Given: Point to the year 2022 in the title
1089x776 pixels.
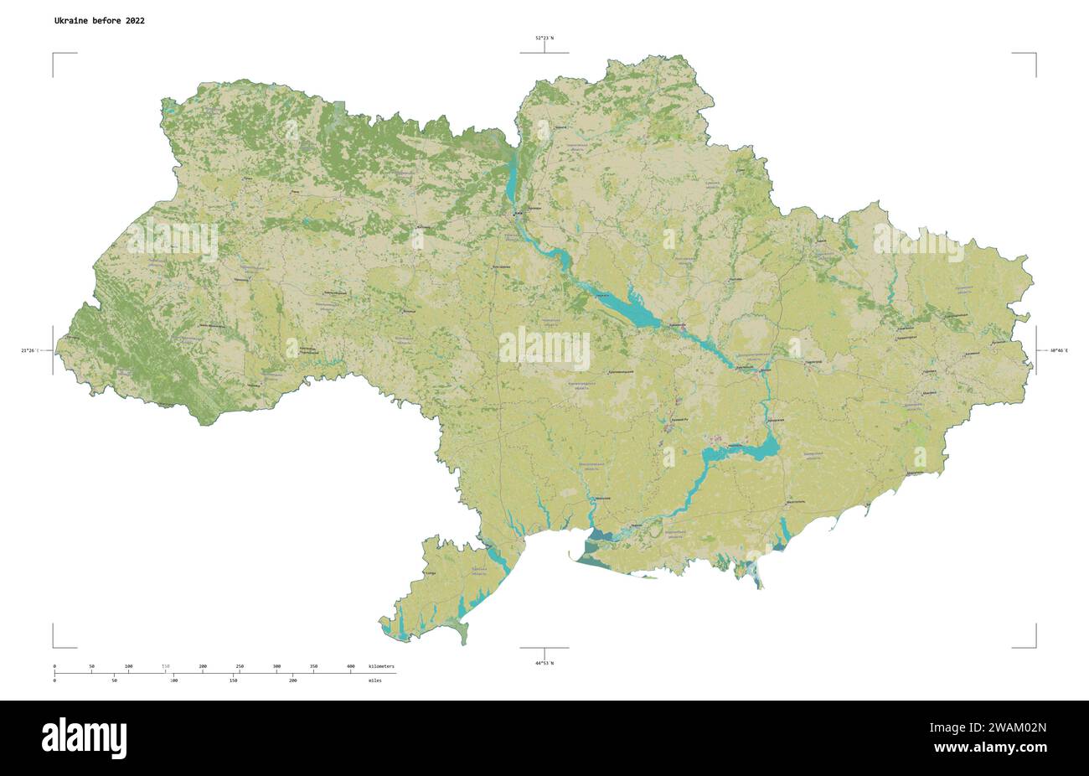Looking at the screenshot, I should pos(134,21).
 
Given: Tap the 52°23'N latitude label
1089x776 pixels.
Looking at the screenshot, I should pos(544,38).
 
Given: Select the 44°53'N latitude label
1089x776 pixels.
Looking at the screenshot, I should pos(544,663).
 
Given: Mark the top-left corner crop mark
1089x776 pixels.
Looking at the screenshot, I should pos(55,55).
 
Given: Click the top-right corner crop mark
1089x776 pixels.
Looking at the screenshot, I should pos(1034,55).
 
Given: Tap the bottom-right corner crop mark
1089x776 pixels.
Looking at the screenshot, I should pos(1034,645).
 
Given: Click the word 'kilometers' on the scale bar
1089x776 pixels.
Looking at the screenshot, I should pos(381,666).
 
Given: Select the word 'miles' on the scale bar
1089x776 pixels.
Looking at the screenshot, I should pos(374,680).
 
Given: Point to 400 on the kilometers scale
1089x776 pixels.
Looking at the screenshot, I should pos(350,666).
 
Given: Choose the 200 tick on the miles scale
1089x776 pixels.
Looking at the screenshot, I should pos(292,680).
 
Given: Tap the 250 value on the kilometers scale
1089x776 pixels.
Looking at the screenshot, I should pos(240,666).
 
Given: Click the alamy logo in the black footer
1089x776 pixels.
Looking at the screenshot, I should pos(84,737).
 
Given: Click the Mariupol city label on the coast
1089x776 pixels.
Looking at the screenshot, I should pos(913,473).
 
